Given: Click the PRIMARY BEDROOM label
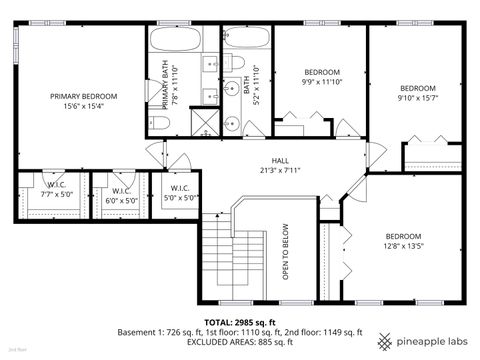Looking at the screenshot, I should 84,96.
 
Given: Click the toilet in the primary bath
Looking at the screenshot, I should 159,123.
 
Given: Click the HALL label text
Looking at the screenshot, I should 280,160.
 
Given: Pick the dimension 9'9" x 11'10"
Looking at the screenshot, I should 322,83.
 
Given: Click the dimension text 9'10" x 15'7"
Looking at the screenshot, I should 418,98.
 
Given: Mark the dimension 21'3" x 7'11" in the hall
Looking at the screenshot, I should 280,170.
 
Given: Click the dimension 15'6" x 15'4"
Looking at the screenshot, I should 84,106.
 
